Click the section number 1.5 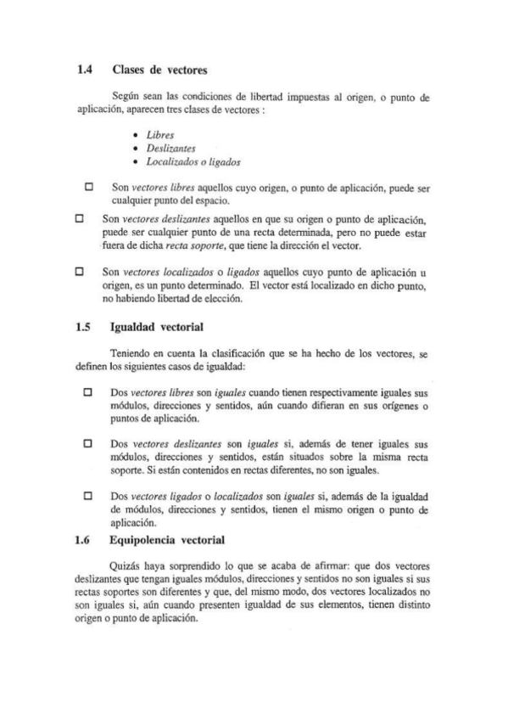[84, 326]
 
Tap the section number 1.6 [84, 538]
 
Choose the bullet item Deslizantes [168, 149]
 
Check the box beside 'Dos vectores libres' [88, 394]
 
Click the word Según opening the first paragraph [126, 97]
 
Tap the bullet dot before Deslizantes [137, 149]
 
